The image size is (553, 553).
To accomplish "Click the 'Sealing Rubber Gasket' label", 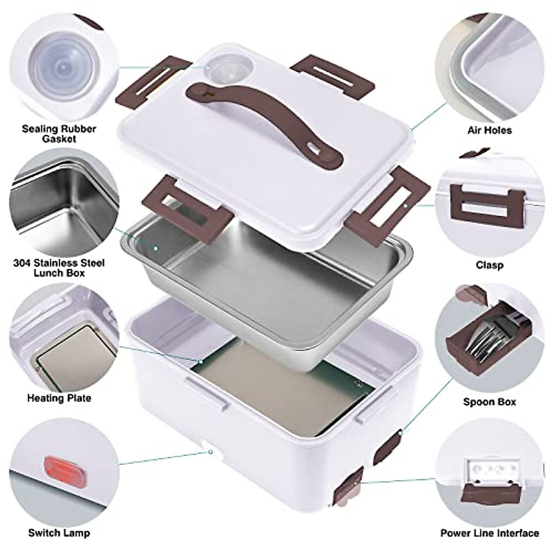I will coord(59,134).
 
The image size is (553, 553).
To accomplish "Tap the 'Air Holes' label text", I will coord(489,130).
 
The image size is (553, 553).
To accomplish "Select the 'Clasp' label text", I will coord(489,265).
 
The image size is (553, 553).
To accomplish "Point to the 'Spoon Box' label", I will coord(489,402).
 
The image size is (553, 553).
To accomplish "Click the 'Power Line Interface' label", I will coord(489,533).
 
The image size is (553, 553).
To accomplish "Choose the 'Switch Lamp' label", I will coord(59,533).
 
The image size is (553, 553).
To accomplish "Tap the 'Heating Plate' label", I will coord(59,398).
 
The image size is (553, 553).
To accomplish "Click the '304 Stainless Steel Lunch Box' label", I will coord(59,268).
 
